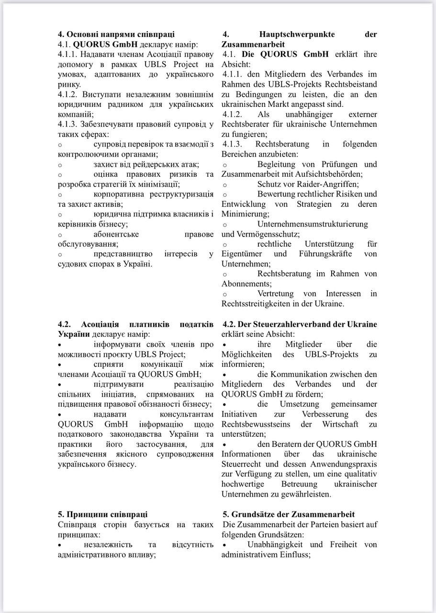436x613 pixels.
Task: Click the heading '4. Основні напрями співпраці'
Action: [x=116, y=34]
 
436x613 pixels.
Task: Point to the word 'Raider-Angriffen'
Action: [x=330, y=184]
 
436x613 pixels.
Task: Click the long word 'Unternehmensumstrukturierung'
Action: [x=313, y=224]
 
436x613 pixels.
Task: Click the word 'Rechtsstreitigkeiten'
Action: [x=258, y=304]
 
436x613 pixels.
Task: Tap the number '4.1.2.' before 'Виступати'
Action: [x=69, y=94]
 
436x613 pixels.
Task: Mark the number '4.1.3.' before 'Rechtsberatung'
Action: [x=233, y=144]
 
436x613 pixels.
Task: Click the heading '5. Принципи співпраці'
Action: [x=103, y=514]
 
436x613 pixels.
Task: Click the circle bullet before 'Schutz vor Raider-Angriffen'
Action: [x=225, y=184]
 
